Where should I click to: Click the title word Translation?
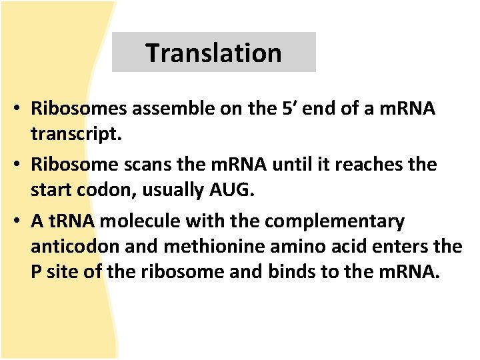pyautogui.click(x=213, y=53)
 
